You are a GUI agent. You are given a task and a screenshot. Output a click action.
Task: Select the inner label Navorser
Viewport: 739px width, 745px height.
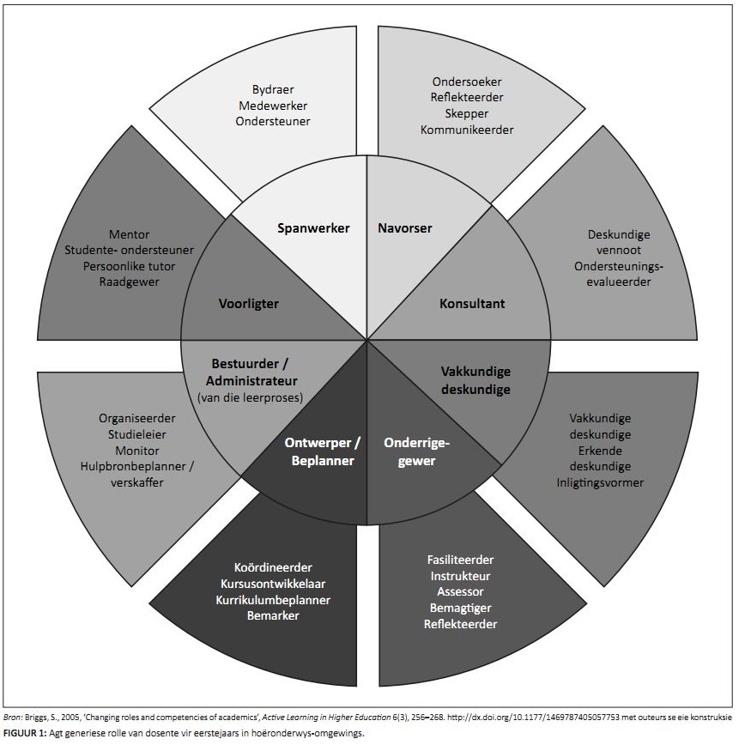404,229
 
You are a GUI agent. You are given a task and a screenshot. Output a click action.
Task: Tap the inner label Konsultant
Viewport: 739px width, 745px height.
472,304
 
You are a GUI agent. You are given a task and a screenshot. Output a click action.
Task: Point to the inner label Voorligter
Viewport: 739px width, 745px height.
248,304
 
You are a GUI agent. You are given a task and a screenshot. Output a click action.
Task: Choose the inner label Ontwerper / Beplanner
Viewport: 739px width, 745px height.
322,451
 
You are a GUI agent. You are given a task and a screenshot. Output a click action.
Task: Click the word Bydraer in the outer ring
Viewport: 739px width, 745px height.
272,88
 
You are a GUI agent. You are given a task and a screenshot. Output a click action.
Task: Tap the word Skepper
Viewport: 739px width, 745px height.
466,113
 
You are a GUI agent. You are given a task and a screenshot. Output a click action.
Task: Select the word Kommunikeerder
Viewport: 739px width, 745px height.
466,130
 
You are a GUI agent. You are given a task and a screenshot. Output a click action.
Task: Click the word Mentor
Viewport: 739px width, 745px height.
130,234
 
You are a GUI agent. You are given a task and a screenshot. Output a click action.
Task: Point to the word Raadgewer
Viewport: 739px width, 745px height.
130,282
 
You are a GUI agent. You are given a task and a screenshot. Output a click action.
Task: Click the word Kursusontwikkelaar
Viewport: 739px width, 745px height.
273,584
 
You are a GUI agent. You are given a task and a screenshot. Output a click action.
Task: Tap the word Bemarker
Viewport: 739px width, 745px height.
273,615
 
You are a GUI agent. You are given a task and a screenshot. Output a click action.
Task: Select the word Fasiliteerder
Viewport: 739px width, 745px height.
460,560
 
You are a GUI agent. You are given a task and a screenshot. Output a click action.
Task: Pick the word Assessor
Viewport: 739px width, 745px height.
460,592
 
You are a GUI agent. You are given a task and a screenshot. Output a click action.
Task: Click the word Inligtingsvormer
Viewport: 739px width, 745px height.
600,482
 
